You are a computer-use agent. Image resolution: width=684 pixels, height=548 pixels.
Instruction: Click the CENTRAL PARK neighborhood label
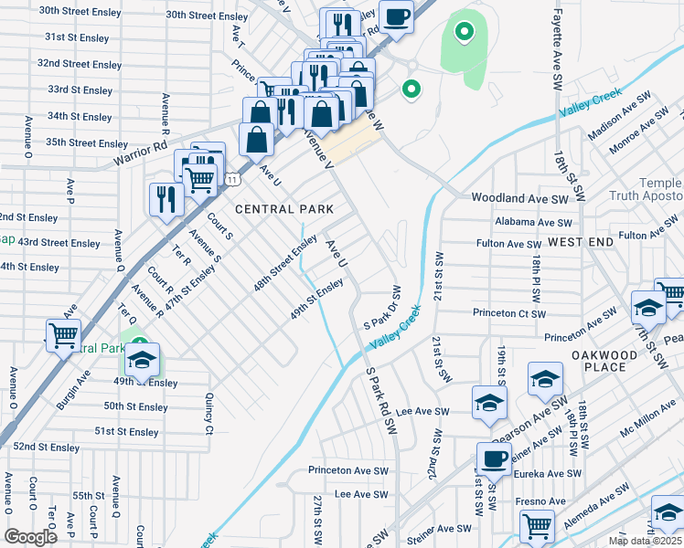283,209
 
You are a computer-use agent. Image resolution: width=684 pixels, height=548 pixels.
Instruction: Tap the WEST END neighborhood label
581,241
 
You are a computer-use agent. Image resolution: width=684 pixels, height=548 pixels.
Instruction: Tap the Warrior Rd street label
140,153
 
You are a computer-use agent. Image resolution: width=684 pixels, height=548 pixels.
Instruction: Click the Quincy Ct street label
209,414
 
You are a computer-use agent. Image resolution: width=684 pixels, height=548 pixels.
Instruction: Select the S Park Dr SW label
383,308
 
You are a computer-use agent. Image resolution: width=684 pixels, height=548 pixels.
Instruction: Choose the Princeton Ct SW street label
508,313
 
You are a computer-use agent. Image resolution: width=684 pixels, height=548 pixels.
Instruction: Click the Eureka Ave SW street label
545,473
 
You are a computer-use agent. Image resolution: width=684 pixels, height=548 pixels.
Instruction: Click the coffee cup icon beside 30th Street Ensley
396,16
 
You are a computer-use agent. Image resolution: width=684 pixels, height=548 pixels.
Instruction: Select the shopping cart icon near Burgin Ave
63,335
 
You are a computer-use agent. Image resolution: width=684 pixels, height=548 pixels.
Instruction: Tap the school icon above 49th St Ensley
142,360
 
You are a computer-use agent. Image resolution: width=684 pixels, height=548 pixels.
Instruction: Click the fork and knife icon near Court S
166,198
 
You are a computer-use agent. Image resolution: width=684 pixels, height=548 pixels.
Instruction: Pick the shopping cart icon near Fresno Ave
537,526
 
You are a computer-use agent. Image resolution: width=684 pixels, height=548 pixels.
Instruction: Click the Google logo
30,537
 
